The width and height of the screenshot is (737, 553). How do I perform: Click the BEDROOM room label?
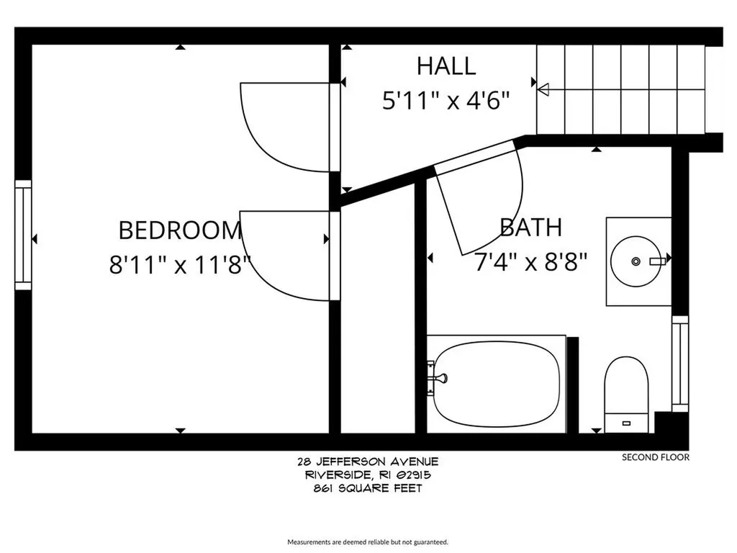pyautogui.click(x=180, y=230)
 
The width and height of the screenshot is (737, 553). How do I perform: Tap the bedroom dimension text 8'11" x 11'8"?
pyautogui.click(x=180, y=265)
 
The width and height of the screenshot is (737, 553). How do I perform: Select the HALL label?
pyautogui.click(x=446, y=66)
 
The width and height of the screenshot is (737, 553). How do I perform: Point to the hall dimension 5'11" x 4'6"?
pyautogui.click(x=446, y=101)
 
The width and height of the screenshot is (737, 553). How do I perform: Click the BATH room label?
pyautogui.click(x=531, y=228)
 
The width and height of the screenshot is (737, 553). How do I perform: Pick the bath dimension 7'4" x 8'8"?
pyautogui.click(x=531, y=262)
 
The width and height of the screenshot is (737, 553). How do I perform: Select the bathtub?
pyautogui.click(x=497, y=385)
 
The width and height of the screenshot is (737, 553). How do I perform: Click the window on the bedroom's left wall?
pyautogui.click(x=24, y=235)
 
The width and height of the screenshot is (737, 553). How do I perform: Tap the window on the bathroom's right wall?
pyautogui.click(x=679, y=364)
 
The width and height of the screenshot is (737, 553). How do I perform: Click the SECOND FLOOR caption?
pyautogui.click(x=655, y=457)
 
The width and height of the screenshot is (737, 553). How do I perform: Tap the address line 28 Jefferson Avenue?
pyautogui.click(x=368, y=462)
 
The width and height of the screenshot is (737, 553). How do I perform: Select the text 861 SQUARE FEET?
pyautogui.click(x=368, y=489)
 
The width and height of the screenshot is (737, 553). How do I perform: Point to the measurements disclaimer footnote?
pyautogui.click(x=368, y=541)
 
